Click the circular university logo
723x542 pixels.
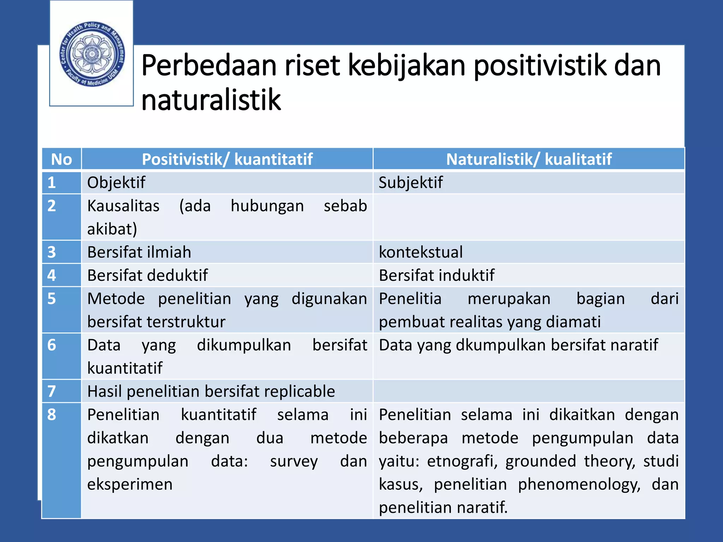92,54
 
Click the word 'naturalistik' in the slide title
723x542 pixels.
211,100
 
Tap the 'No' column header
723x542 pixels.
61,159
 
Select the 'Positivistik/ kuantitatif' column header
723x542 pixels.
227,159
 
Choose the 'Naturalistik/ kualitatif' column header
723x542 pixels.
528,159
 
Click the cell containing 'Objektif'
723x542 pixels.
116,183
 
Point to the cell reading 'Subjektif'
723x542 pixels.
411,183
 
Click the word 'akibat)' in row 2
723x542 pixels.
112,229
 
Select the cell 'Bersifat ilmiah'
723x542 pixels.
139,252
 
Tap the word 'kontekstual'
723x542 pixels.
420,252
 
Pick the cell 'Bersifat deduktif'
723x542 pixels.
148,276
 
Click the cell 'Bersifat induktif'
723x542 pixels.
436,276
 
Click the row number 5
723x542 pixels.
52,299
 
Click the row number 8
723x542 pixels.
52,415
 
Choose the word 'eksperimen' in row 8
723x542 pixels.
130,484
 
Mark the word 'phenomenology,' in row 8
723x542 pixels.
579,484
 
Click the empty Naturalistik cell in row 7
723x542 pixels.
528,391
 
